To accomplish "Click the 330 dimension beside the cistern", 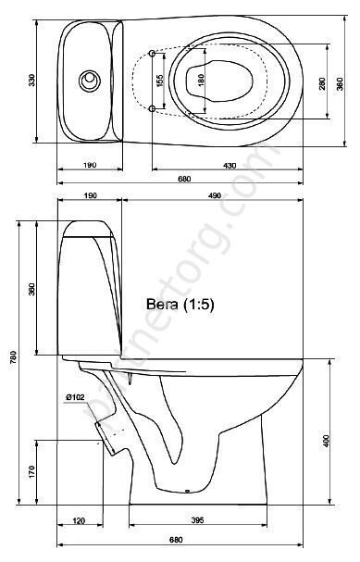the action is tap(31, 80).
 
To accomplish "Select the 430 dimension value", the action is tap(230, 166).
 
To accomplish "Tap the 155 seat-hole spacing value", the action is tap(160, 81).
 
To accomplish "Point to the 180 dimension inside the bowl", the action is tap(201, 80).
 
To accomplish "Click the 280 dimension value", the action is tap(322, 83).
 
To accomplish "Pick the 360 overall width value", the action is tap(340, 83).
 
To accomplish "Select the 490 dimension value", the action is tap(215, 195).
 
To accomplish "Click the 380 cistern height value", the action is tap(31, 290).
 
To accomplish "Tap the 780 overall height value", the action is tap(13, 357).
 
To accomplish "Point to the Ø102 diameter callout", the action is tap(75, 397).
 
